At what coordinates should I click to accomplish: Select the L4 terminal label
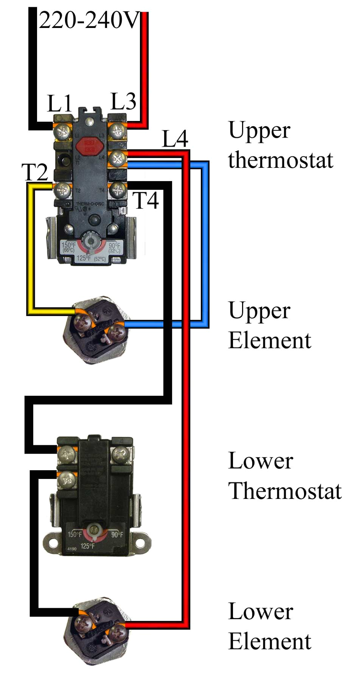point(175,139)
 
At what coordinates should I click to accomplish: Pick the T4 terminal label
point(146,200)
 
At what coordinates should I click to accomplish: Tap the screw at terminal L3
point(118,131)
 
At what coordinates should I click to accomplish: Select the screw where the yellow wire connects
point(62,190)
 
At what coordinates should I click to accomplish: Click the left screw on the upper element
point(82,322)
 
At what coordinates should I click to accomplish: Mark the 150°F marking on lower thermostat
point(74,534)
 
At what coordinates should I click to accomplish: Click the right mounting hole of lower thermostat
point(141,543)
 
